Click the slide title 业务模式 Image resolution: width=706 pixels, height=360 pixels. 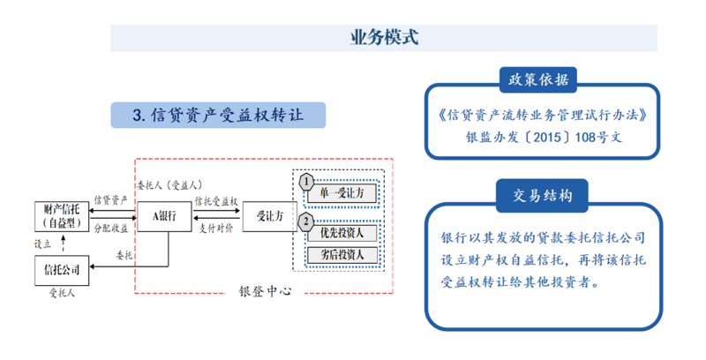pyautogui.click(x=383, y=38)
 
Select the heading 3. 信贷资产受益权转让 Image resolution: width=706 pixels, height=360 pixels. pyautogui.click(x=216, y=115)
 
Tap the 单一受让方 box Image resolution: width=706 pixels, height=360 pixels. pyautogui.click(x=342, y=191)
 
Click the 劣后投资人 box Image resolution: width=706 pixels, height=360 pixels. pyautogui.click(x=342, y=255)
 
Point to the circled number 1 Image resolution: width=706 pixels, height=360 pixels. pyautogui.click(x=305, y=181)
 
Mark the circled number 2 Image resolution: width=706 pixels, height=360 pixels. pyautogui.click(x=305, y=221)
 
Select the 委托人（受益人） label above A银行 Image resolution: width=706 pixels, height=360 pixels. pyautogui.click(x=170, y=185)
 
